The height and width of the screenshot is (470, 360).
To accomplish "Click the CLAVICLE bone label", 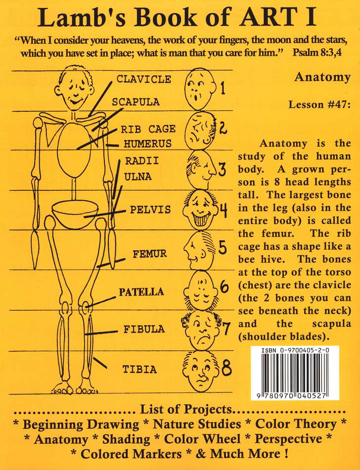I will (143, 79).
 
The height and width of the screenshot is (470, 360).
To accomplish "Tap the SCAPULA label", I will (135, 102).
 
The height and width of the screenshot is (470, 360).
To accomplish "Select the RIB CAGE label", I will (148, 129).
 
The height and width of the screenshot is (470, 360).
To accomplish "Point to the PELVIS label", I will (150, 210).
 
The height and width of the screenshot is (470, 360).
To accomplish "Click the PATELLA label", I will (141, 292).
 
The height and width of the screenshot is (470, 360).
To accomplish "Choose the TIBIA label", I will (140, 369).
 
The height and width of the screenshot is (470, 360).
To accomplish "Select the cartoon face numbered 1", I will (197, 88).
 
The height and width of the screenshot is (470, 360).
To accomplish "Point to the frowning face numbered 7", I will (202, 328).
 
